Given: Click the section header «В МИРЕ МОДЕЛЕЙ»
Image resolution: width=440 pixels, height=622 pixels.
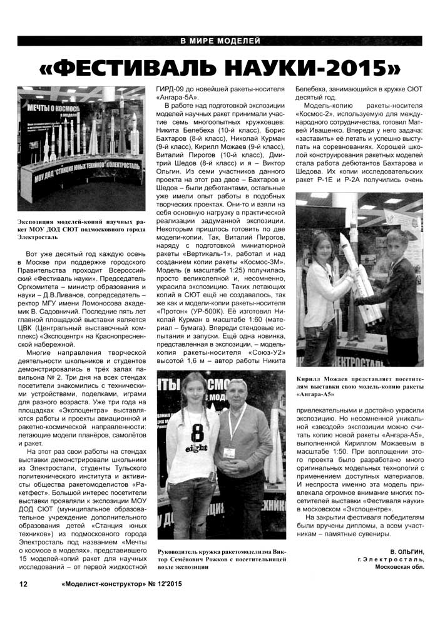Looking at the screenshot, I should (220, 41).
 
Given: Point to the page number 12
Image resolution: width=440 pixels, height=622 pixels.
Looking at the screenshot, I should (23, 584).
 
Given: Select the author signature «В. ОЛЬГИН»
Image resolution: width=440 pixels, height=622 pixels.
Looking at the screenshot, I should (406, 551).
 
